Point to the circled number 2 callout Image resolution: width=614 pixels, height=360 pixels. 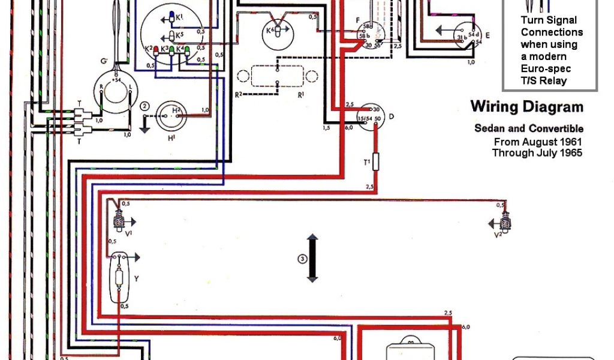[x=144, y=106]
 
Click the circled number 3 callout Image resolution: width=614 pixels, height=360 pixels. [x=303, y=259]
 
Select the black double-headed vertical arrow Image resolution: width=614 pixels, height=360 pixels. [x=312, y=259]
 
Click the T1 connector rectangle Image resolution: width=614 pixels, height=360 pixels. [x=376, y=162]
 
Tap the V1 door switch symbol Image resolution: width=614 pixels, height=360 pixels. [x=118, y=223]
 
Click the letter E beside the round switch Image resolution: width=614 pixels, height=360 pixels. [x=487, y=36]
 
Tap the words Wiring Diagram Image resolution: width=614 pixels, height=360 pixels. [x=526, y=107]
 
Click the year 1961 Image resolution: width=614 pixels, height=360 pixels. [x=570, y=142]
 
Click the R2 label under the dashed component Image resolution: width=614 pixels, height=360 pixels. [x=238, y=94]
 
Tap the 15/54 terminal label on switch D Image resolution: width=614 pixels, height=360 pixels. [x=365, y=119]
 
